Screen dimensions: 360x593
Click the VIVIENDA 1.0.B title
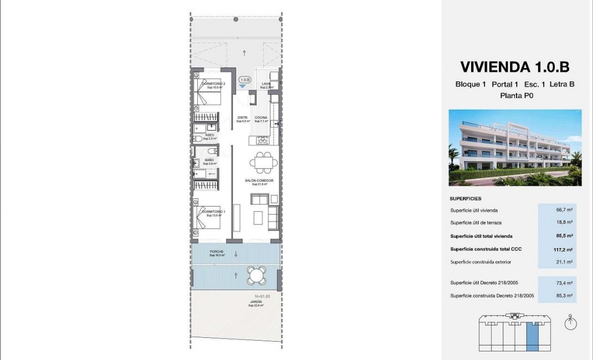[x=514, y=67]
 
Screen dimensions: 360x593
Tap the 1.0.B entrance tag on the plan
[x=244, y=80]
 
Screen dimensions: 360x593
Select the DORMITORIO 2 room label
[x=215, y=84]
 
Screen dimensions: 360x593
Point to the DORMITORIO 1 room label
[x=214, y=212]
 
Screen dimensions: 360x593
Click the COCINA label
[x=261, y=117]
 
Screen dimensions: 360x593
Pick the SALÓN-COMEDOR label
[x=259, y=181]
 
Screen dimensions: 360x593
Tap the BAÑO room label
[x=209, y=160]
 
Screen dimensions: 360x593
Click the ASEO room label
[x=209, y=135]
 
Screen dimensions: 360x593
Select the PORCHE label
[x=216, y=252]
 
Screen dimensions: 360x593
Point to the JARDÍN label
[x=255, y=302]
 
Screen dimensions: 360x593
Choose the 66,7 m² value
[x=564, y=210]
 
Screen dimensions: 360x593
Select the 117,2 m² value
[x=563, y=249]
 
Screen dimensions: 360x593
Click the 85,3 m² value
[x=564, y=296]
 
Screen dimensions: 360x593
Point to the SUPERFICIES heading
[x=466, y=198]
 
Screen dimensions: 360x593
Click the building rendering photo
[x=515, y=147]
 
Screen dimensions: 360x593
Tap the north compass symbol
[x=569, y=322]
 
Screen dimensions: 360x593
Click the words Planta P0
[x=514, y=95]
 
